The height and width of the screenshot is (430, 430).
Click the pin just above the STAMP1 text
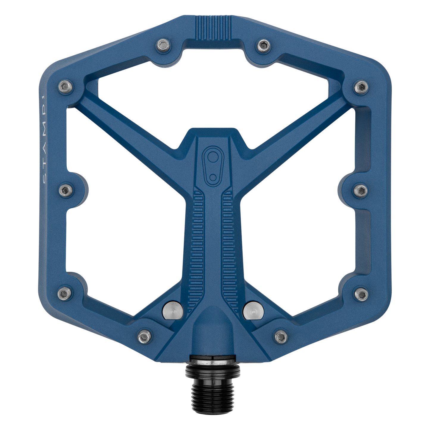(x=66, y=86)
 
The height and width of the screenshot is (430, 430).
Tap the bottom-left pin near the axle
(x=144, y=336)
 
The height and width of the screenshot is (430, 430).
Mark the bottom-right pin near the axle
(x=280, y=336)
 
